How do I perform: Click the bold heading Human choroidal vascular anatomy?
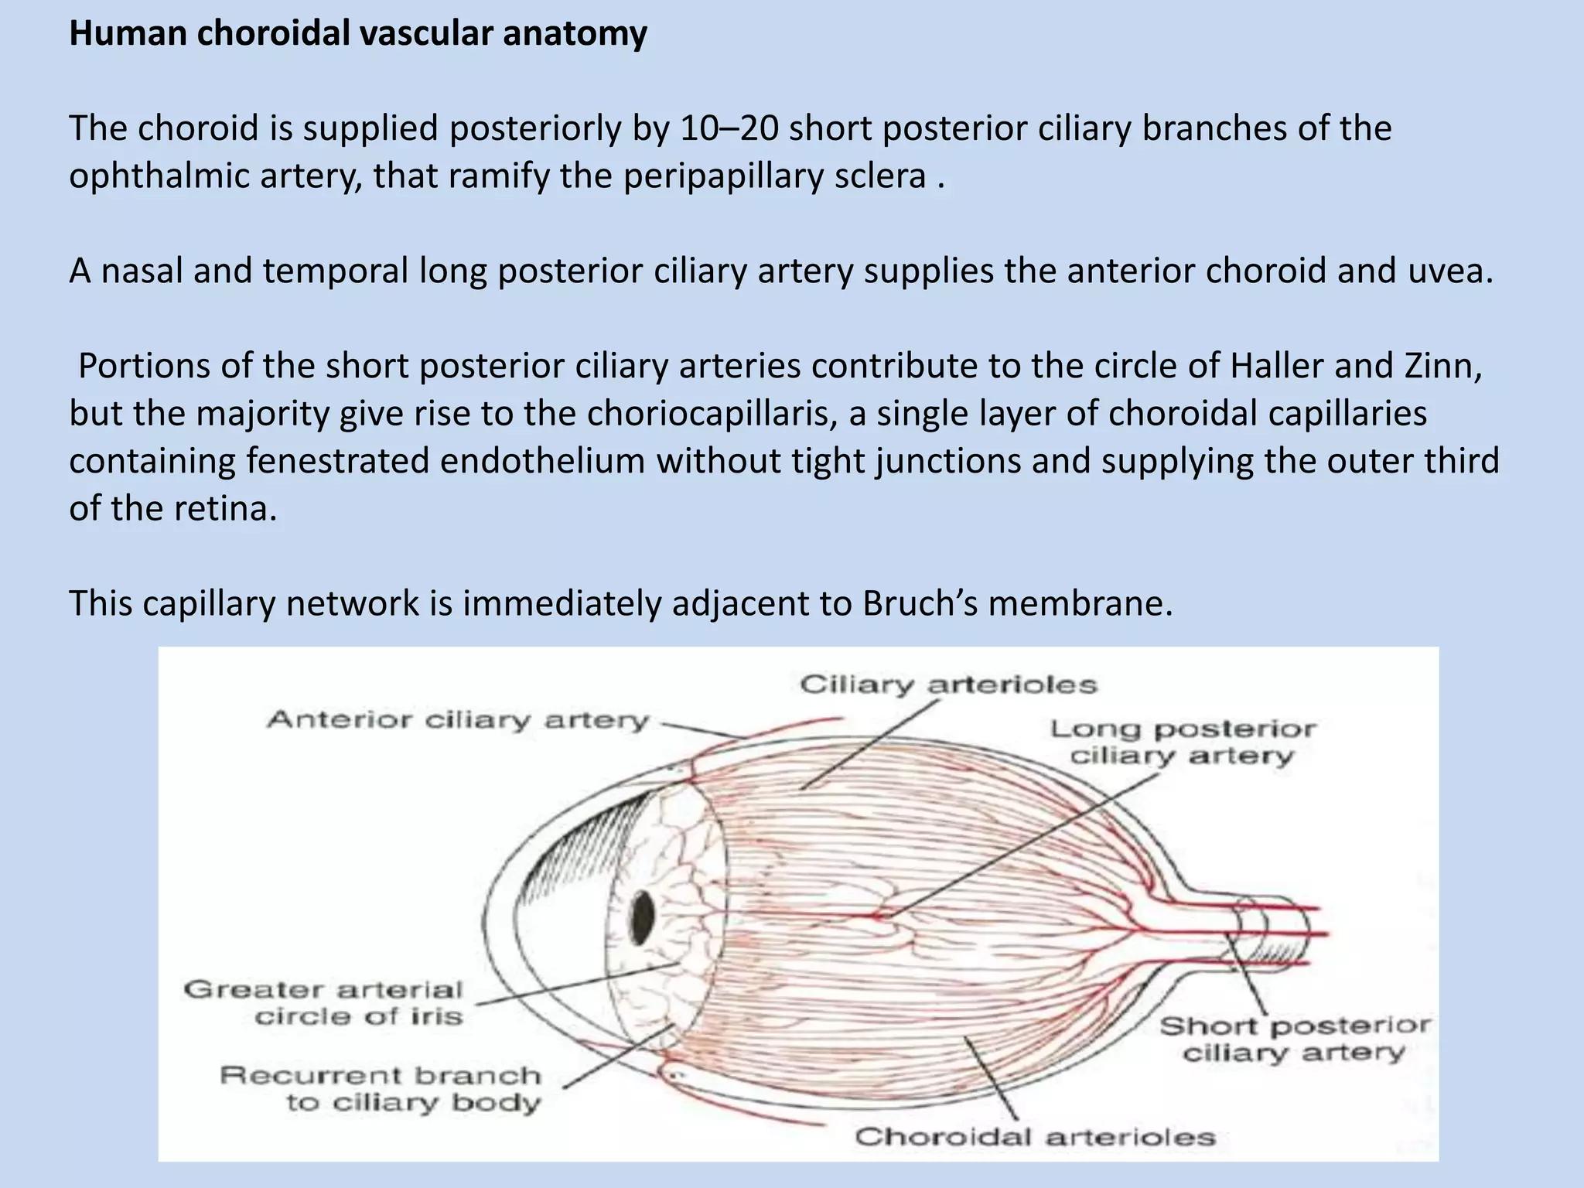(x=357, y=34)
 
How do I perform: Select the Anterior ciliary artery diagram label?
(x=458, y=720)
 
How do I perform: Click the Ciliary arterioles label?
(x=948, y=684)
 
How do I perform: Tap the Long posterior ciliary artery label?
(x=1183, y=742)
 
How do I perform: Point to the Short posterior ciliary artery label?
(x=1294, y=1039)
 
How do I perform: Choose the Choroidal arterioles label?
(x=1035, y=1136)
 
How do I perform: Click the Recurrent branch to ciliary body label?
(x=381, y=1088)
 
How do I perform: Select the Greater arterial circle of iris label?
(x=323, y=1002)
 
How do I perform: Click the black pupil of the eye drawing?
(x=643, y=917)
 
